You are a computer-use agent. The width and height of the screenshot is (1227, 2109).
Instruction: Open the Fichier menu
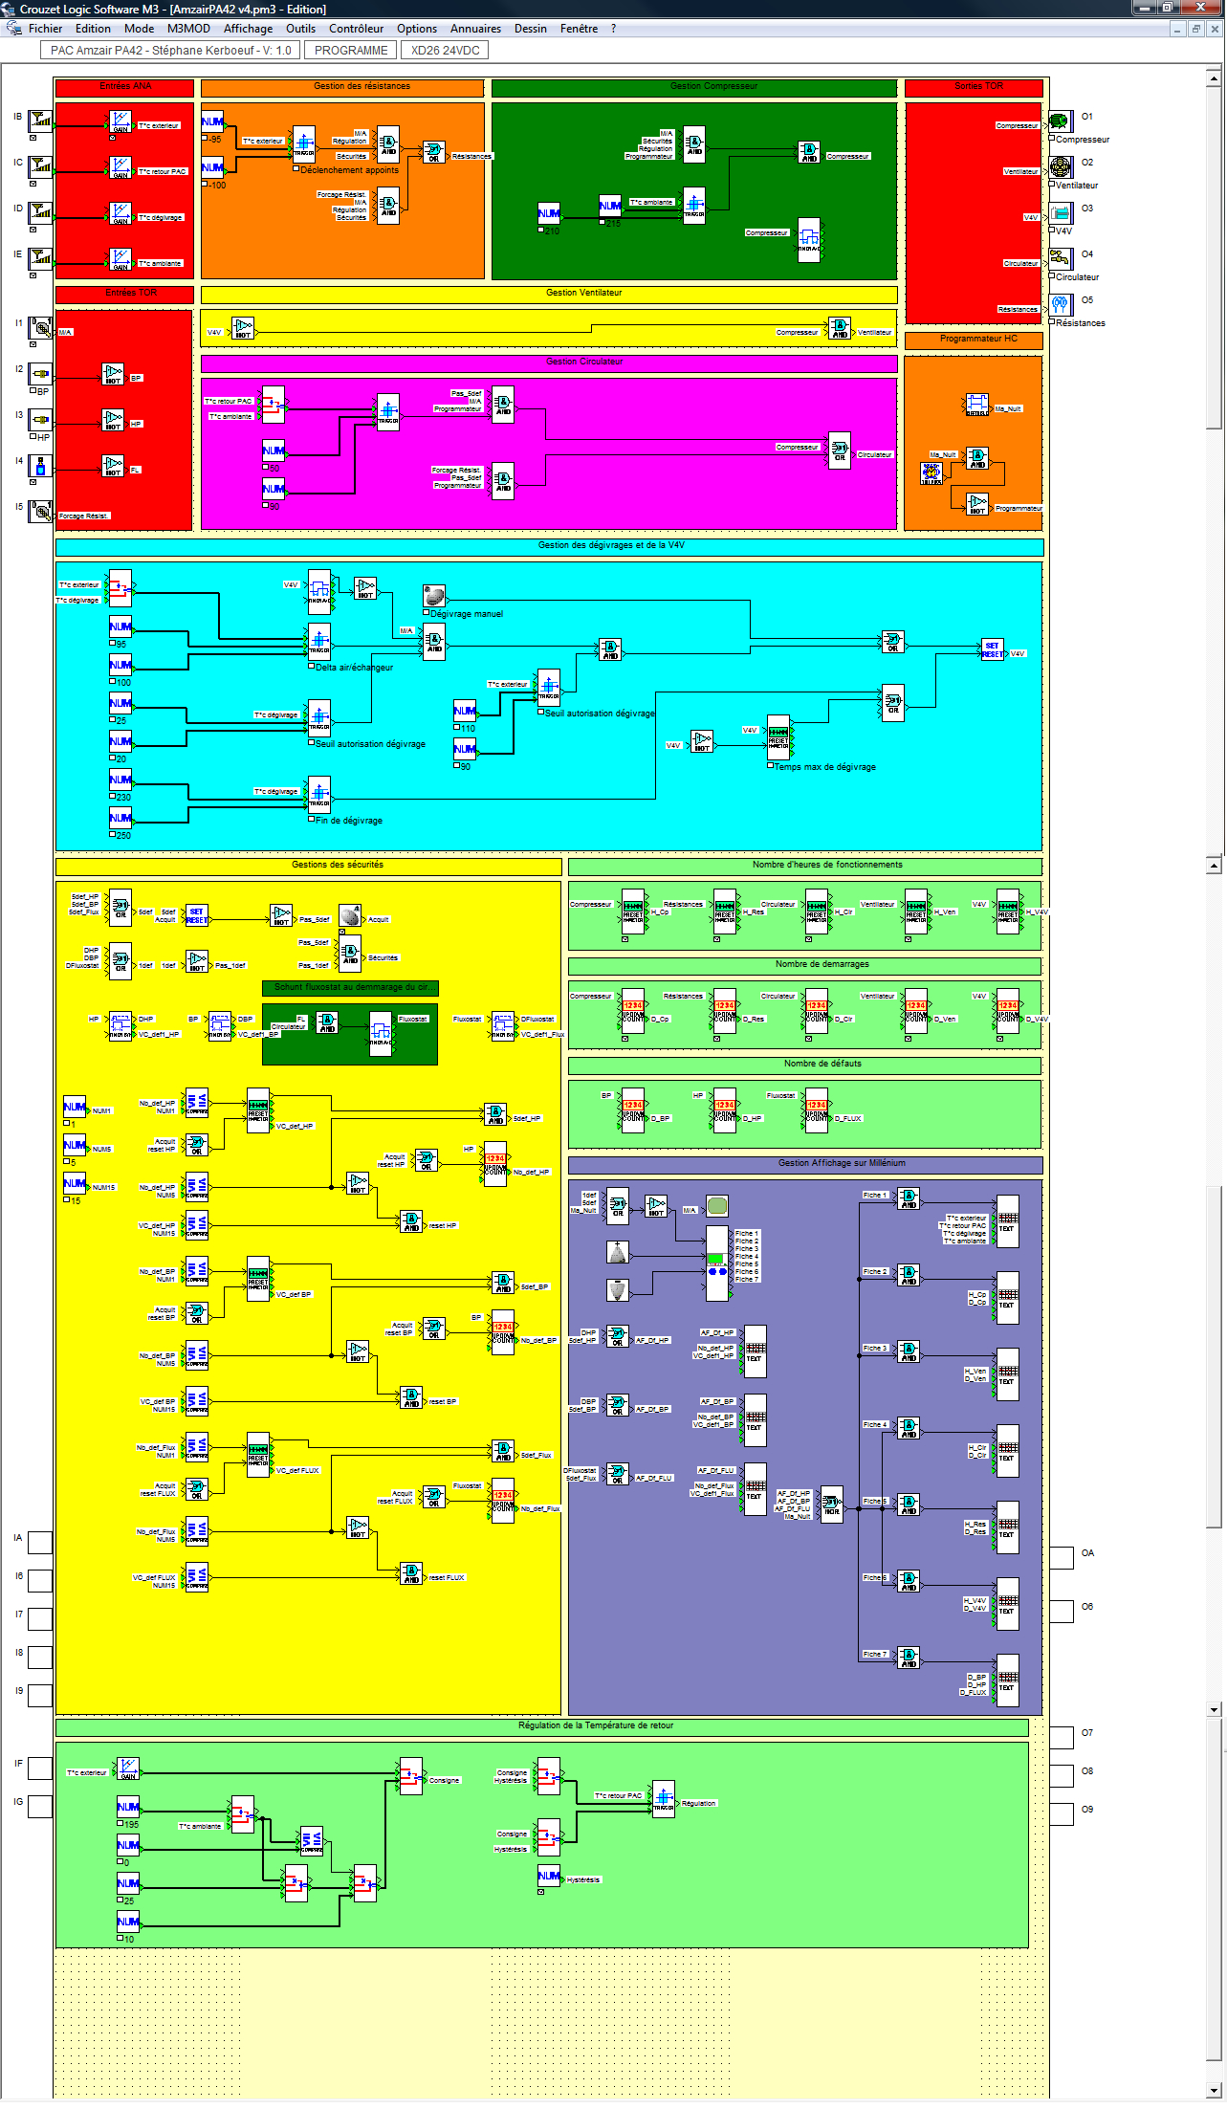pyautogui.click(x=45, y=29)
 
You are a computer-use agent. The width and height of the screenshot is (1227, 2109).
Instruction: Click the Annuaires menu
pyautogui.click(x=475, y=29)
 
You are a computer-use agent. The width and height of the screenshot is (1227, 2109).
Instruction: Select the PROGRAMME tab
pyautogui.click(x=351, y=51)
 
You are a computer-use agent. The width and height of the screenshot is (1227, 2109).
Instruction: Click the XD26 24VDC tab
pyautogui.click(x=445, y=51)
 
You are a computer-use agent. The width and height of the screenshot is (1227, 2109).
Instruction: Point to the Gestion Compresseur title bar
pyautogui.click(x=694, y=87)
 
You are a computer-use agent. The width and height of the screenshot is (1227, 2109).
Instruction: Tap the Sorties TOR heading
pyautogui.click(x=974, y=87)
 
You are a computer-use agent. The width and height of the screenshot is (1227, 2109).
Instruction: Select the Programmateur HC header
pyautogui.click(x=973, y=340)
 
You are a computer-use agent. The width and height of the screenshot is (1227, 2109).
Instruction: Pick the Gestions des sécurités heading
pyautogui.click(x=308, y=866)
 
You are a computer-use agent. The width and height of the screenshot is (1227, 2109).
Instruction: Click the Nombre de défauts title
pyautogui.click(x=804, y=1065)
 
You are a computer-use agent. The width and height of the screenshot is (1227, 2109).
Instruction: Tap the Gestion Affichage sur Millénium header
pyautogui.click(x=804, y=1164)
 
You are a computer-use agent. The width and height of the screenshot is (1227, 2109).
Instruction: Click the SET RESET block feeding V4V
pyautogui.click(x=992, y=650)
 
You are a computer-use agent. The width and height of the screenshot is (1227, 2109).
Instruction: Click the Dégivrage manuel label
pyautogui.click(x=466, y=614)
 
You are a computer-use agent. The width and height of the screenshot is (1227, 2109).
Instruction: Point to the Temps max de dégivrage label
pyautogui.click(x=824, y=767)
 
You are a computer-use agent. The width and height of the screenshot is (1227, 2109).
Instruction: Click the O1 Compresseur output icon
pyautogui.click(x=1060, y=121)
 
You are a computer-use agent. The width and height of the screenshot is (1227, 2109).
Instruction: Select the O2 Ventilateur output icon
pyautogui.click(x=1060, y=166)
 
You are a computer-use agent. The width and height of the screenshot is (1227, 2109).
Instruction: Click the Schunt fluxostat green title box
pyautogui.click(x=350, y=988)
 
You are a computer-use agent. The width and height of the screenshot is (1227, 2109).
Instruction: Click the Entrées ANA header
pyautogui.click(x=125, y=87)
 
